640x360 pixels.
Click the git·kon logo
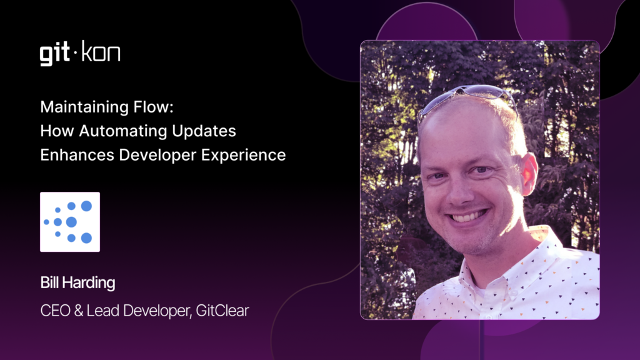[80, 53]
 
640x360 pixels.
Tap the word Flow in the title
[154, 107]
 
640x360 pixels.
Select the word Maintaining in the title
[84, 107]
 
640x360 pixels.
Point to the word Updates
[204, 131]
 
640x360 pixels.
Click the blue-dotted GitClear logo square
[70, 222]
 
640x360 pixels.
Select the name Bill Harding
[77, 283]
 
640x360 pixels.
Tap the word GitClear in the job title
[222, 311]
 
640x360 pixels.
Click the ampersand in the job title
[79, 311]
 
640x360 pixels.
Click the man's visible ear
[529, 174]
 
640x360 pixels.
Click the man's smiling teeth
[469, 216]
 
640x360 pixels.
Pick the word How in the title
[57, 131]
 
